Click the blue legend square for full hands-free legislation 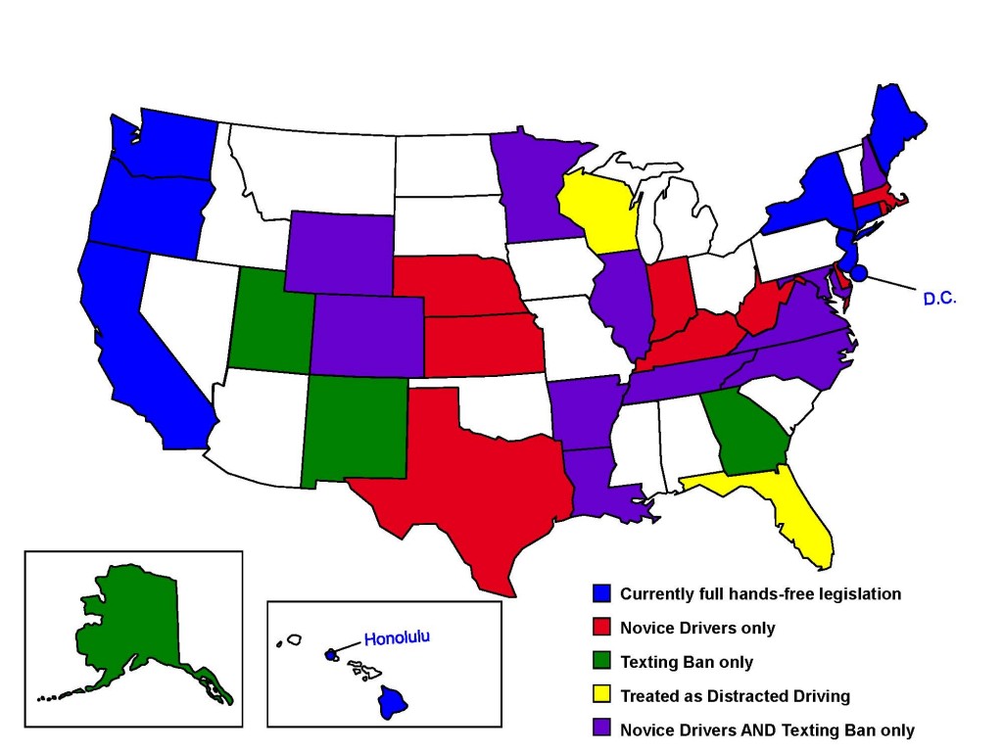click(x=602, y=593)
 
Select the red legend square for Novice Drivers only click(x=602, y=628)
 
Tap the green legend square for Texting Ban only click(x=602, y=662)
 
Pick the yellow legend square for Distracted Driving click(x=602, y=696)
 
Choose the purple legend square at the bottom click(x=602, y=729)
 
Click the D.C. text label click(x=938, y=298)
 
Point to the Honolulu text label click(x=397, y=639)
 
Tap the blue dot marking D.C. click(x=859, y=272)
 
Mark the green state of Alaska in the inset click(x=127, y=627)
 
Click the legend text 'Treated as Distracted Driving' click(x=735, y=696)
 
